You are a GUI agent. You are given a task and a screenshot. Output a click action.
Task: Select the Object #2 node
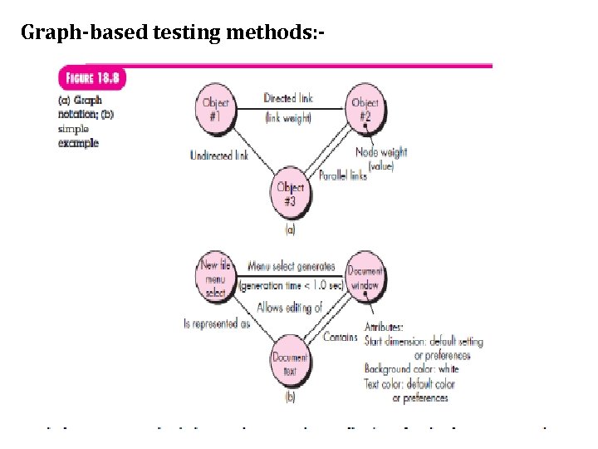tap(365, 109)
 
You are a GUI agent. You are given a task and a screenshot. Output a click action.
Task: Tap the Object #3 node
tap(292, 193)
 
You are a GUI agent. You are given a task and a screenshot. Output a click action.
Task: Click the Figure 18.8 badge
tap(91, 79)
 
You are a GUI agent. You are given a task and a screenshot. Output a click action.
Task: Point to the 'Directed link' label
tap(287, 99)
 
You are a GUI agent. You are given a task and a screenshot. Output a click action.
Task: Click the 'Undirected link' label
tap(219, 155)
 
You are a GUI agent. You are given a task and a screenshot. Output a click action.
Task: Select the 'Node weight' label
tap(381, 153)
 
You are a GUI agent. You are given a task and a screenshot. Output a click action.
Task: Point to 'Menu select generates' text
tap(292, 267)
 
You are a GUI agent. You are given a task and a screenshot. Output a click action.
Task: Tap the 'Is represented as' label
tap(217, 323)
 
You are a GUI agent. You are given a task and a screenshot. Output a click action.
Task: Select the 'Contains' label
tap(341, 338)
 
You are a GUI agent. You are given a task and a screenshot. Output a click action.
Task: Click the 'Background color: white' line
tap(411, 368)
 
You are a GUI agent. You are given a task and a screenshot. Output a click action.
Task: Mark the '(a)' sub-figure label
tap(290, 229)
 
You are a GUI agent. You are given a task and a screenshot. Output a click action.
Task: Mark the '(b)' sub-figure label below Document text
tap(290, 397)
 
